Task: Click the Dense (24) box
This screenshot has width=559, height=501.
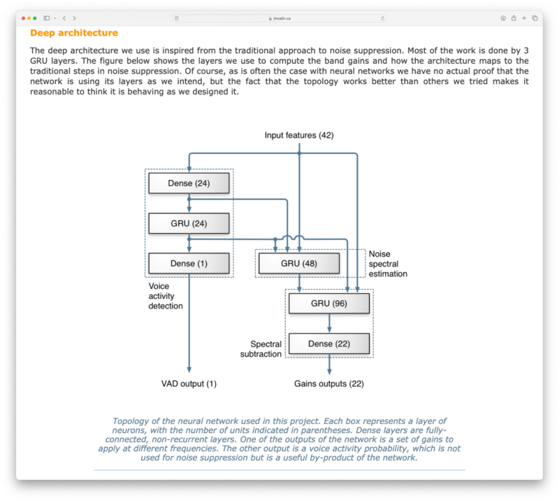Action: pos(189,183)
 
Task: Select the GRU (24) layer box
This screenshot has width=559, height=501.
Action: pos(189,223)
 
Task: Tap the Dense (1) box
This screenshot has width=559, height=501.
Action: pos(189,263)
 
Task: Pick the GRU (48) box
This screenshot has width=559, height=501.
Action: pos(298,263)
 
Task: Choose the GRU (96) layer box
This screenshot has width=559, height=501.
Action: pos(328,303)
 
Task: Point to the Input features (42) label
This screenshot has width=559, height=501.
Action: pos(299,135)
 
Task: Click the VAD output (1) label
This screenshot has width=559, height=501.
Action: pos(189,383)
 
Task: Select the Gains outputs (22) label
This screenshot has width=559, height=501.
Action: pos(329,383)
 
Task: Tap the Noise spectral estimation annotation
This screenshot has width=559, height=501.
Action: pos(387,264)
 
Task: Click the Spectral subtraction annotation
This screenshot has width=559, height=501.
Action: pos(266,348)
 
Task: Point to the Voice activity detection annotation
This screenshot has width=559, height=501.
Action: pos(166,296)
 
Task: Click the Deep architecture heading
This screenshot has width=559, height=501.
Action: pos(74,33)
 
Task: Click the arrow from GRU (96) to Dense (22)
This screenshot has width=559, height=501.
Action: pos(329,323)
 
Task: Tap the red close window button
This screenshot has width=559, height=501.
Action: pos(23,18)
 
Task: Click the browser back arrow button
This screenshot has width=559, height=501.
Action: pos(64,18)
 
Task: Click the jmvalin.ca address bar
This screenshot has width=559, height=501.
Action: pos(279,18)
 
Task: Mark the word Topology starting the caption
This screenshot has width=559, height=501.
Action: pos(130,421)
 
